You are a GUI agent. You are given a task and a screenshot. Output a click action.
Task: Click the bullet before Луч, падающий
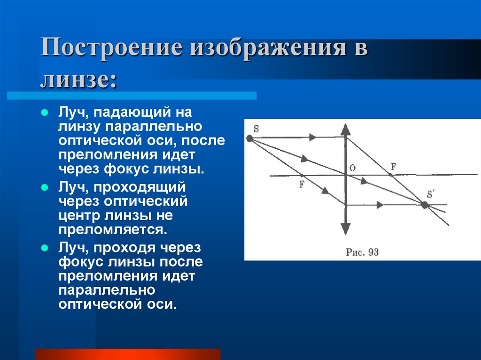click(x=45, y=114)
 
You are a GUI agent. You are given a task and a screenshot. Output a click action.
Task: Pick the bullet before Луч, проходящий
click(x=45, y=187)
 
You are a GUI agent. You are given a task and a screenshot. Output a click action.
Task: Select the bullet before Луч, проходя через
click(x=45, y=247)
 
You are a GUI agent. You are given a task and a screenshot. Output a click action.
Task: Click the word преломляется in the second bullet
click(x=113, y=230)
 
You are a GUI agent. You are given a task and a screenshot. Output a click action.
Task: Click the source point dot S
click(x=249, y=138)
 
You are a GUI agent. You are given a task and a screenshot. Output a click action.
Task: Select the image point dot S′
click(x=425, y=205)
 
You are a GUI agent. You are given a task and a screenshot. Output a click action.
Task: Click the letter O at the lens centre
click(x=352, y=168)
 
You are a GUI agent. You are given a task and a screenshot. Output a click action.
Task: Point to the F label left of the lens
click(x=302, y=184)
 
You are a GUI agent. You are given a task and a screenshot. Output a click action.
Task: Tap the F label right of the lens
click(x=393, y=166)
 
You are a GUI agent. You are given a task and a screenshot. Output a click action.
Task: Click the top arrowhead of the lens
click(x=346, y=129)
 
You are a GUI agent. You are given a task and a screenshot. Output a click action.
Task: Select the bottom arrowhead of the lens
click(x=346, y=229)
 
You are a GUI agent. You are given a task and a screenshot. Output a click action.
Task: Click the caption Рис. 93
click(x=362, y=252)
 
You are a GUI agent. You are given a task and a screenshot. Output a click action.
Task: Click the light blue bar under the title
click(x=132, y=95)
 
